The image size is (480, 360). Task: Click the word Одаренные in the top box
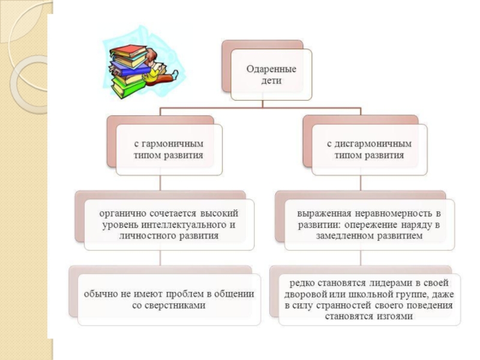272,68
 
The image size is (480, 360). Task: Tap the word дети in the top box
271,79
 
